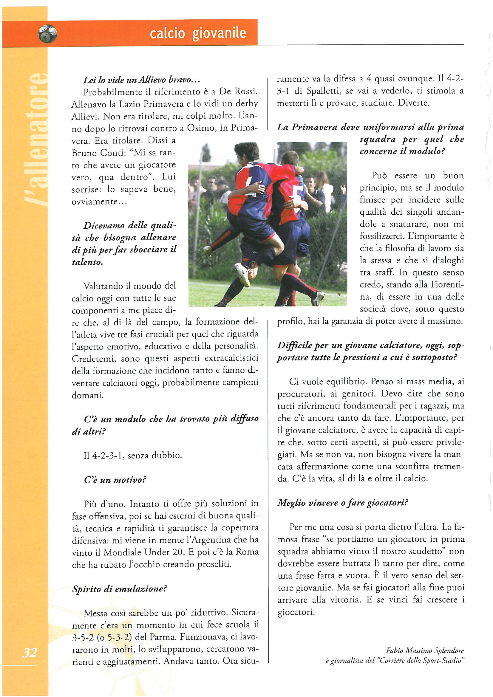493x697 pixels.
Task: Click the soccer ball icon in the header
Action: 48,33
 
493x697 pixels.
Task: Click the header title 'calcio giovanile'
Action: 198,33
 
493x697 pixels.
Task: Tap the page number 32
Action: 30,652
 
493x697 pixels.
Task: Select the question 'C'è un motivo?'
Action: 115,480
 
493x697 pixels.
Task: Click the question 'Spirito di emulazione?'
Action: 120,589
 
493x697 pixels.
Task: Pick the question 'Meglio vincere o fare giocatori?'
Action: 342,503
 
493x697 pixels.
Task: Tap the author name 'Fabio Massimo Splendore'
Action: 425,650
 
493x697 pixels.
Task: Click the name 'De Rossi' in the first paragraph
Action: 239,92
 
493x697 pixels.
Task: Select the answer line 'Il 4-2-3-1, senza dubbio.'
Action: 133,455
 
